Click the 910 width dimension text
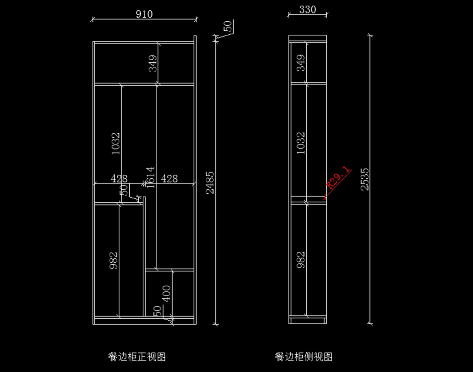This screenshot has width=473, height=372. [144, 14]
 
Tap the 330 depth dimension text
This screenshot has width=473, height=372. [307, 10]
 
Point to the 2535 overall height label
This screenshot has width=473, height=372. [365, 179]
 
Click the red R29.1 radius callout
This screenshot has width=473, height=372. [338, 178]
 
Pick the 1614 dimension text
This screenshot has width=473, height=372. [151, 177]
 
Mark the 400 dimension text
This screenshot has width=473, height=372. [167, 293]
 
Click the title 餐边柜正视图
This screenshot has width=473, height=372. [137, 357]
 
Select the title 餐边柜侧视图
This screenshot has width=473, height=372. [304, 357]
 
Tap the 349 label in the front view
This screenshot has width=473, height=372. [153, 63]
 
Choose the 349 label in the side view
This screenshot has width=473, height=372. [301, 63]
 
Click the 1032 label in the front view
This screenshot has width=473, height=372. [116, 143]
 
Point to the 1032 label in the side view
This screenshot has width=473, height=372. [301, 142]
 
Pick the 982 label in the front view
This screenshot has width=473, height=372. [114, 260]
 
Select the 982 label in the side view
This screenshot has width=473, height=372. [301, 260]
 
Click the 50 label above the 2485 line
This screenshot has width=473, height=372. [228, 26]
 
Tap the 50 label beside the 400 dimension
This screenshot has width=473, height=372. [157, 310]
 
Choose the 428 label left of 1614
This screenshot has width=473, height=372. [119, 179]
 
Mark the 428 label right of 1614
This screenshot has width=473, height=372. [169, 179]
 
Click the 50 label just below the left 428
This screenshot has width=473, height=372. [125, 190]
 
